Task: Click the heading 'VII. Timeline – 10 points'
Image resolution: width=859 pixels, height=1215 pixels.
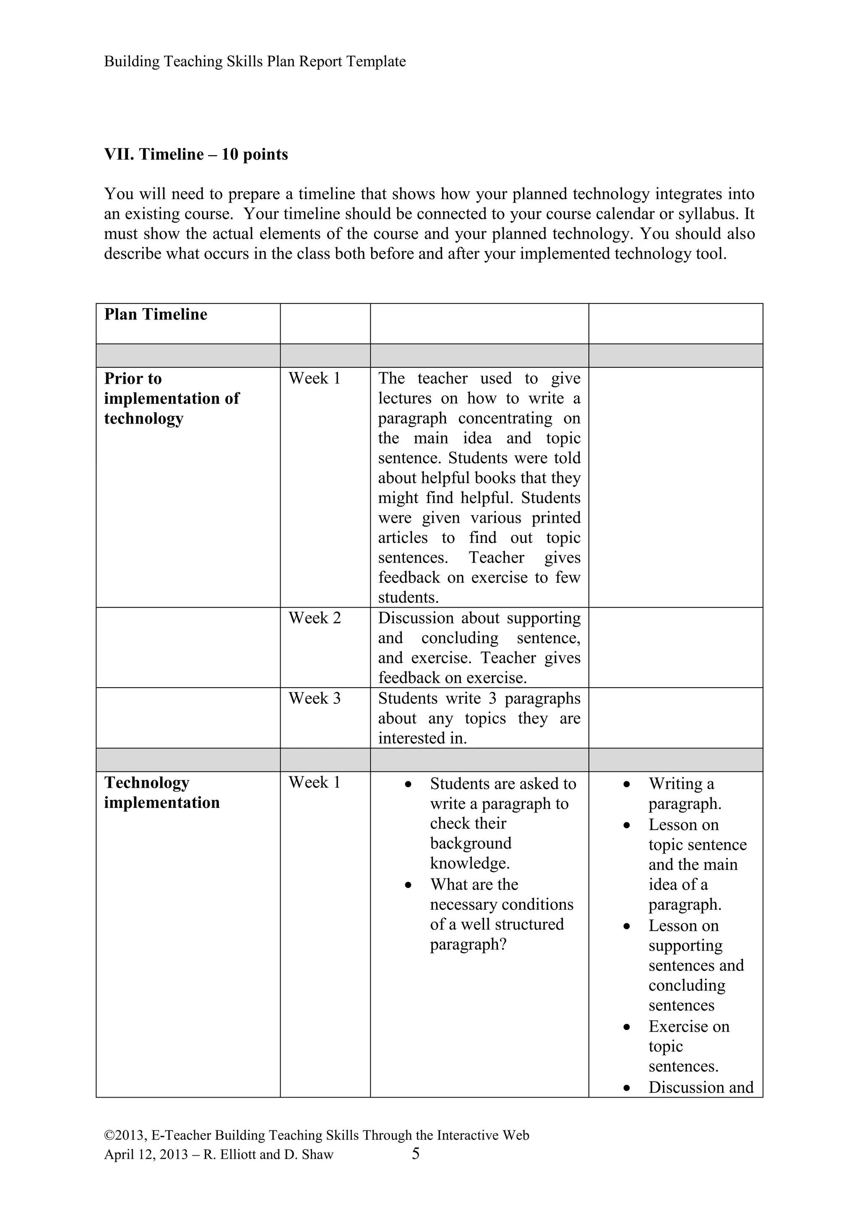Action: (196, 155)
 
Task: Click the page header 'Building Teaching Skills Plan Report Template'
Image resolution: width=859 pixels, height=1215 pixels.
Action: (255, 61)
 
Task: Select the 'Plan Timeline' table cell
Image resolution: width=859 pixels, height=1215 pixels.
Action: (156, 314)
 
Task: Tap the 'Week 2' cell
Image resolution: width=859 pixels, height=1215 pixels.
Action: (315, 618)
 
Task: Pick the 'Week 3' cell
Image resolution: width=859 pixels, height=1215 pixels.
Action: (315, 698)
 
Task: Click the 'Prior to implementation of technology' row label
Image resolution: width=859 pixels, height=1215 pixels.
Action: (171, 398)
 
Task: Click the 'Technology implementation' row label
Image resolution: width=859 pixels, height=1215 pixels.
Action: (161, 793)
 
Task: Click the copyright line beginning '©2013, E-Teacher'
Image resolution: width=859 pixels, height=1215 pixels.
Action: (317, 1135)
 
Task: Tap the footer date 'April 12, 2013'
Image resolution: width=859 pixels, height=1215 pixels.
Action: (146, 1155)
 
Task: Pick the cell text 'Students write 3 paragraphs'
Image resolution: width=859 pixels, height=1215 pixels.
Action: (479, 698)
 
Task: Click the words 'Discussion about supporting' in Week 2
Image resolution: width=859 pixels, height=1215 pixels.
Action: (479, 618)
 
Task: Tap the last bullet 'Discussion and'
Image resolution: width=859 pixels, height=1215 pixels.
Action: (700, 1088)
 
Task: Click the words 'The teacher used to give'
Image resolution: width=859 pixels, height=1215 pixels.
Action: (479, 378)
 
